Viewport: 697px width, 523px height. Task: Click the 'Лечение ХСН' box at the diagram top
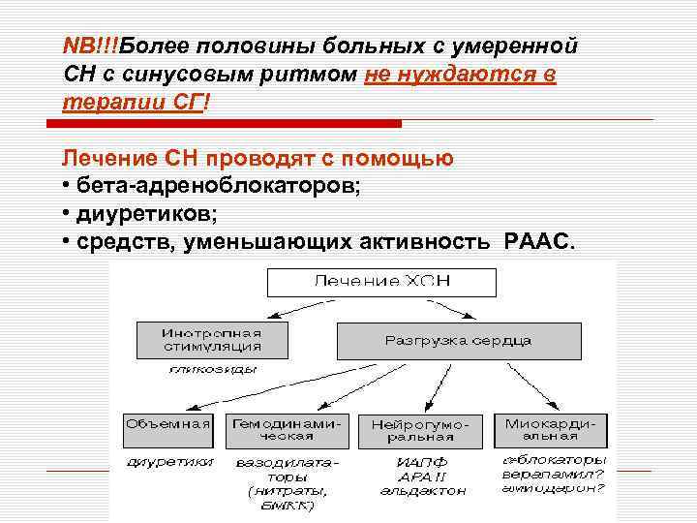click(x=381, y=281)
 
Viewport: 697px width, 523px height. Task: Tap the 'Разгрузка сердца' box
click(x=459, y=341)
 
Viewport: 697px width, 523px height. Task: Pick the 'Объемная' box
click(x=167, y=427)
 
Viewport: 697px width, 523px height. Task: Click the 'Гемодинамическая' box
click(x=286, y=429)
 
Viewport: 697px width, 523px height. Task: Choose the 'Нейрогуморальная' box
click(x=421, y=431)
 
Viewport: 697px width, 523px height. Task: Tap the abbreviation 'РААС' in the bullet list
click(x=539, y=241)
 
